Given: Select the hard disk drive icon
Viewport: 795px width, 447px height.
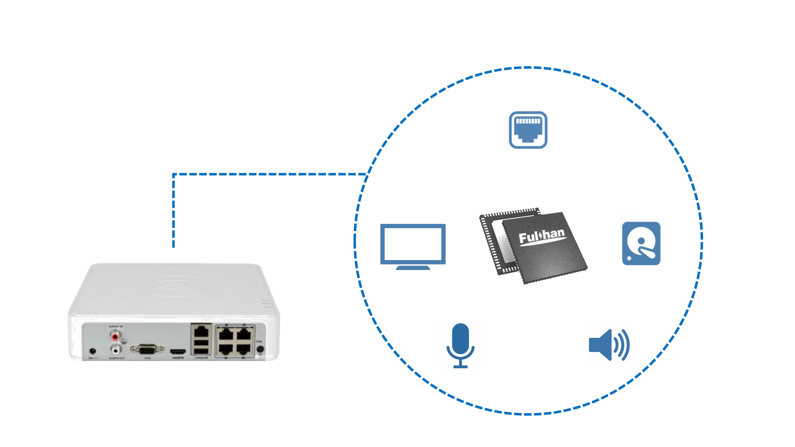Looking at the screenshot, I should [641, 243].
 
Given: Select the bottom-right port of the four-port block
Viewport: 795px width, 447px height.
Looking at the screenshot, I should [243, 349].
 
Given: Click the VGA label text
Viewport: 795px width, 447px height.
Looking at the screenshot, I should [148, 358].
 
